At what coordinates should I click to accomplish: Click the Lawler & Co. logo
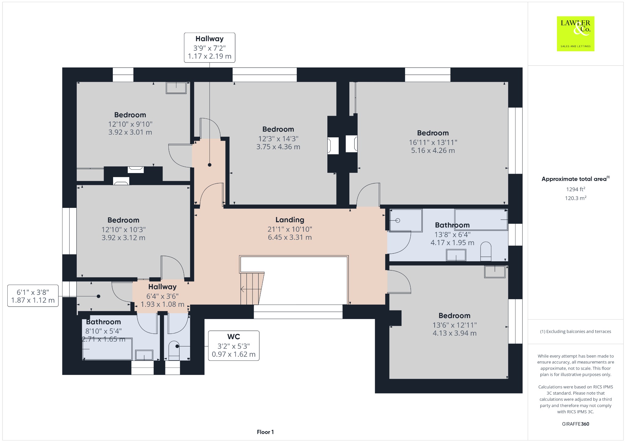[575, 34]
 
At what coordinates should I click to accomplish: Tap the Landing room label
[290, 220]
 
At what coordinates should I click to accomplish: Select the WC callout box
[234, 346]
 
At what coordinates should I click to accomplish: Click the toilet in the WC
[174, 350]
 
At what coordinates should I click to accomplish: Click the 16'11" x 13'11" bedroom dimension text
[433, 142]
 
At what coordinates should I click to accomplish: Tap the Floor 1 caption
[265, 432]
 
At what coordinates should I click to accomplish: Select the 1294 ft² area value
[575, 189]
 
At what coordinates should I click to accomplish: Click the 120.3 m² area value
[575, 198]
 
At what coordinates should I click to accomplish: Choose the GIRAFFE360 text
[575, 424]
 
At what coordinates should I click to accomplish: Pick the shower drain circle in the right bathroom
[398, 220]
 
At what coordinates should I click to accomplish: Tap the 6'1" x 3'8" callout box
[33, 295]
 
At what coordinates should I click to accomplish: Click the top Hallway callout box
[210, 48]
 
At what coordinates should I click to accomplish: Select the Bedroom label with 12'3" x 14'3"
[278, 129]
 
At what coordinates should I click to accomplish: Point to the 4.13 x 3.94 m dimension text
[455, 333]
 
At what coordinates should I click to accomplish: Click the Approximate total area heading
[575, 179]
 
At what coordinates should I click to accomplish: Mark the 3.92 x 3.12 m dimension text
[123, 237]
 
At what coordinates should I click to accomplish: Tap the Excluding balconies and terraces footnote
[575, 331]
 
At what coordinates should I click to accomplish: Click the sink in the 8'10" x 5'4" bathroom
[144, 355]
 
